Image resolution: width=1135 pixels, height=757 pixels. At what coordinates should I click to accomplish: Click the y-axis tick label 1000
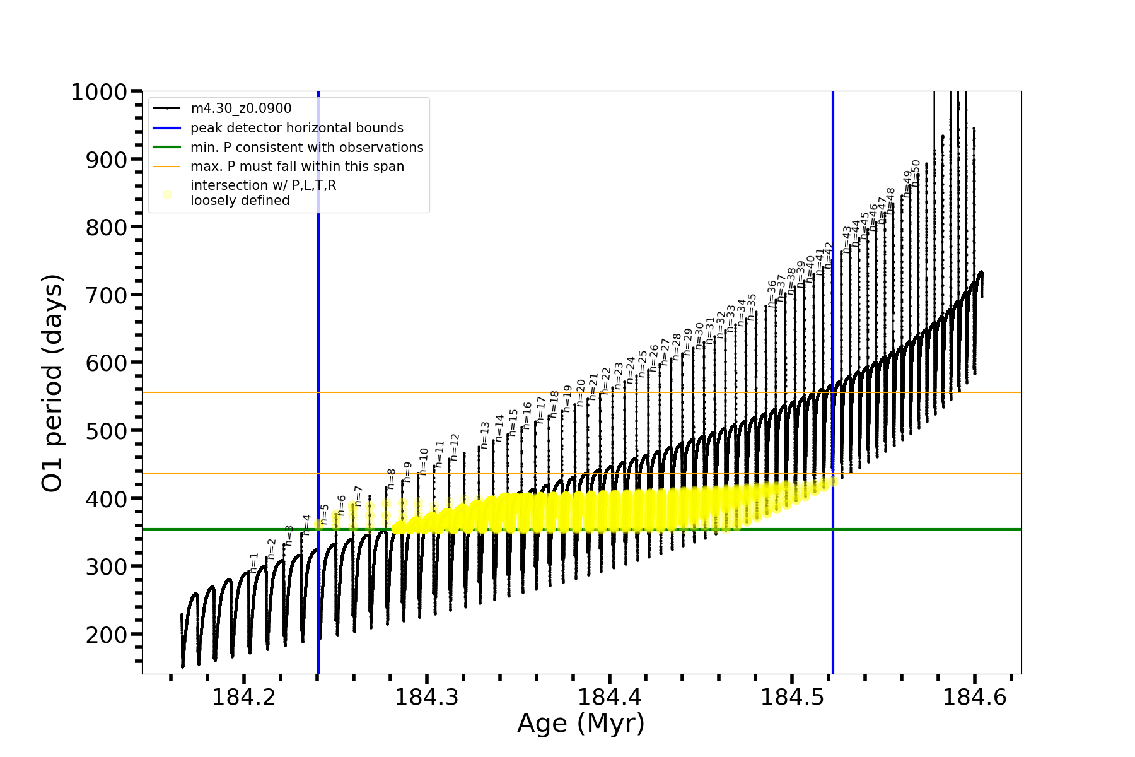point(99,93)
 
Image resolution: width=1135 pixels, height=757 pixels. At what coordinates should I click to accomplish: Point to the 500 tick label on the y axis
point(107,431)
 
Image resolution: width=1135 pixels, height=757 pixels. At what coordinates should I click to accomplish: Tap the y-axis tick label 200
point(107,635)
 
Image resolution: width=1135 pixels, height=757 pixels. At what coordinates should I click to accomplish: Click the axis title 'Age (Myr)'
point(581,724)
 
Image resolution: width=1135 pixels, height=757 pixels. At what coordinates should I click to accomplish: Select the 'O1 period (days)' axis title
point(52,383)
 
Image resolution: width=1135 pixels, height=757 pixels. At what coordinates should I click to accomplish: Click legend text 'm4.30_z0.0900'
point(241,109)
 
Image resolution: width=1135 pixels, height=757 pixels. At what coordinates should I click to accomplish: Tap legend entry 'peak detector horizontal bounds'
point(296,128)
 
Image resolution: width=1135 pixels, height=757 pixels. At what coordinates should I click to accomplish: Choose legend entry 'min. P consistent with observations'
point(306,148)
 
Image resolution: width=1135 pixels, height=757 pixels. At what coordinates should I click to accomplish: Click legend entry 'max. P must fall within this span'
point(297,167)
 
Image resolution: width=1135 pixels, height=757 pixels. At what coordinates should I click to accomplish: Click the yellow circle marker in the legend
point(167,194)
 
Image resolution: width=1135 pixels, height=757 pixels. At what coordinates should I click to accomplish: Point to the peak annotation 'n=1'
point(254,563)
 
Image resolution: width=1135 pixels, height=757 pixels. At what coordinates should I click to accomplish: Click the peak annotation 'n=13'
point(484,435)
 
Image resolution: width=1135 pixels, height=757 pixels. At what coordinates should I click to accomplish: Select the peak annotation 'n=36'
point(771,294)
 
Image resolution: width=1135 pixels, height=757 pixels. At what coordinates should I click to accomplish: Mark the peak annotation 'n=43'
point(846,240)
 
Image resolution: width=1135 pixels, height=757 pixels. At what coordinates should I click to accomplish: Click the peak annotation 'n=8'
point(391,479)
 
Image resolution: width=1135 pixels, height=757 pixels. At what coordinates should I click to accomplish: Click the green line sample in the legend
point(167,148)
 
